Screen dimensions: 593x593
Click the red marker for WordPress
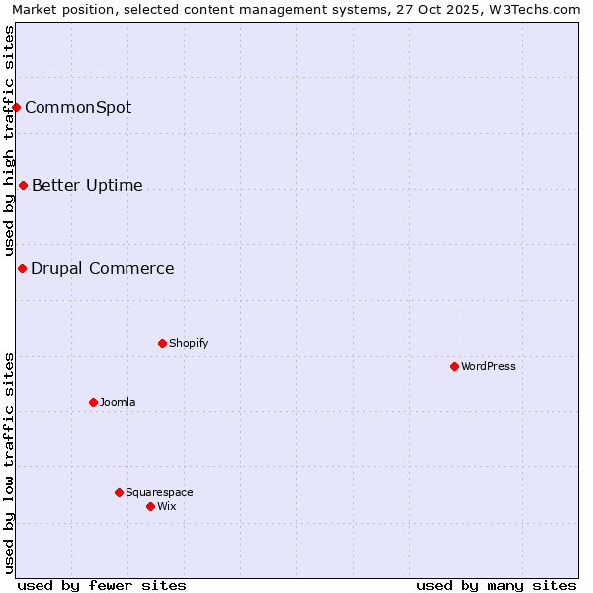coord(454,366)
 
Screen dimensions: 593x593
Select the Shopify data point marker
coord(162,343)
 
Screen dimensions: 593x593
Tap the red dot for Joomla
coord(93,402)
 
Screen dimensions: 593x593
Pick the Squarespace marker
coord(119,492)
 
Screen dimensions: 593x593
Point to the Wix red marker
coord(150,506)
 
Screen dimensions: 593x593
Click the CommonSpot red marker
coord(17,107)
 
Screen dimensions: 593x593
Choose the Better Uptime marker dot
coord(23,185)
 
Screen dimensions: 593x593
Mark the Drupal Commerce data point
coord(22,268)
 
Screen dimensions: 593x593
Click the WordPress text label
coord(488,366)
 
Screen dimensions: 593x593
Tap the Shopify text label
coord(188,343)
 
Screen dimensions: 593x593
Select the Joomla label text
coord(118,402)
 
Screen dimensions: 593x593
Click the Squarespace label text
coord(159,492)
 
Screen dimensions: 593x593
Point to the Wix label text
coord(167,506)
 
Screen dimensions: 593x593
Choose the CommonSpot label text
coord(78,107)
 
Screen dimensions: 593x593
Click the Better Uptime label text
coord(87,185)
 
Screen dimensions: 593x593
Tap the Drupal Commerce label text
coord(103,268)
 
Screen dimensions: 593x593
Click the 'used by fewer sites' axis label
coord(102,585)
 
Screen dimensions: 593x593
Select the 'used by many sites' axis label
coord(496,585)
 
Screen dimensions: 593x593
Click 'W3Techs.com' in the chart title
coord(540,9)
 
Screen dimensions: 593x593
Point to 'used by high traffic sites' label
coord(9,140)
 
